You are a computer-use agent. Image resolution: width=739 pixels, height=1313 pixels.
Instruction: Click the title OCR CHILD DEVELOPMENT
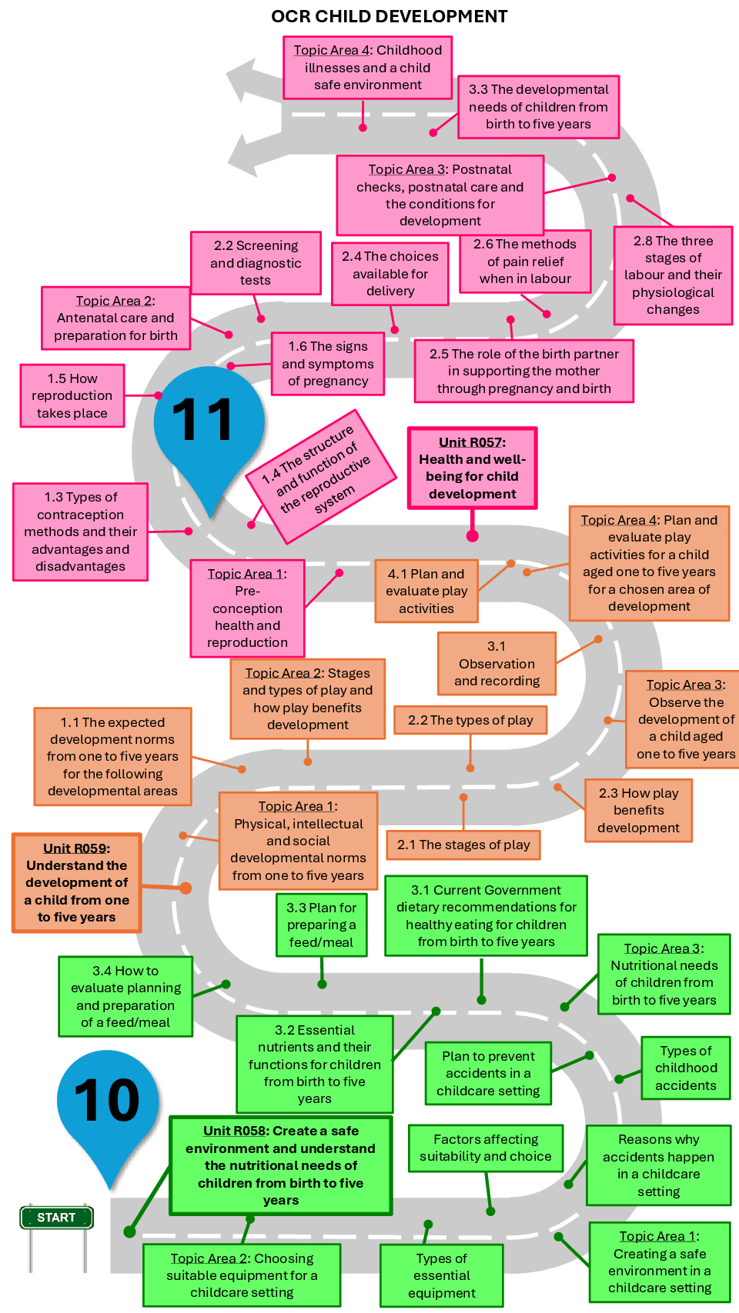click(390, 16)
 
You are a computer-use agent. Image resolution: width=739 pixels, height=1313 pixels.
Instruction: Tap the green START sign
click(56, 1217)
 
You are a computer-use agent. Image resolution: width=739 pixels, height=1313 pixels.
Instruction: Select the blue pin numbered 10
click(108, 1100)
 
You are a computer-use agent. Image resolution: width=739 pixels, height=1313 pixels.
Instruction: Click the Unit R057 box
click(472, 468)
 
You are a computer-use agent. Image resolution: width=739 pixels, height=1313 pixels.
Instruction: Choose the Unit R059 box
click(77, 882)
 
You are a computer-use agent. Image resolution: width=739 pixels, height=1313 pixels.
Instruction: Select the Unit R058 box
click(280, 1165)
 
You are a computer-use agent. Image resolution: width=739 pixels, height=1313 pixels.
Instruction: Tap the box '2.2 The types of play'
click(470, 720)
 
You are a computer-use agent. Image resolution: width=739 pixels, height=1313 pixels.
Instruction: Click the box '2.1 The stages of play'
click(463, 845)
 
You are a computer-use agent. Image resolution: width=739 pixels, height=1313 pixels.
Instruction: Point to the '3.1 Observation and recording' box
click(497, 663)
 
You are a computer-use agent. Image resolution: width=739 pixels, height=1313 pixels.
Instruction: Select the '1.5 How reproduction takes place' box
click(72, 395)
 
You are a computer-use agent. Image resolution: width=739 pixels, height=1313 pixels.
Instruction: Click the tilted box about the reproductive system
click(320, 476)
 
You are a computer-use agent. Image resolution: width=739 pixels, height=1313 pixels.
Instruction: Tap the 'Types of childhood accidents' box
click(685, 1068)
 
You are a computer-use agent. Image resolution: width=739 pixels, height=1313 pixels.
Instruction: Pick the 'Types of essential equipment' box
click(441, 1275)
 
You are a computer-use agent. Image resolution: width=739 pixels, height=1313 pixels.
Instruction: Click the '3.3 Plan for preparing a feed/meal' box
click(322, 925)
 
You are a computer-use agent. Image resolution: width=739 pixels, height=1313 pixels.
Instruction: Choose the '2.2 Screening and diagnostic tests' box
click(256, 262)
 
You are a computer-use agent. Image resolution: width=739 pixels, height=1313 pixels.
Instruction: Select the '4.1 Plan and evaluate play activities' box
click(426, 591)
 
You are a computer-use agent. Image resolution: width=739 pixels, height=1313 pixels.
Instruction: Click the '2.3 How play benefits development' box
click(638, 810)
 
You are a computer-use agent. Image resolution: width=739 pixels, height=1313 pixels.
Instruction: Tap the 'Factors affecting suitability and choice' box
click(485, 1148)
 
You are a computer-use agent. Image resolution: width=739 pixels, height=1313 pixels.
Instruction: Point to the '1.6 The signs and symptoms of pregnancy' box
click(328, 363)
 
